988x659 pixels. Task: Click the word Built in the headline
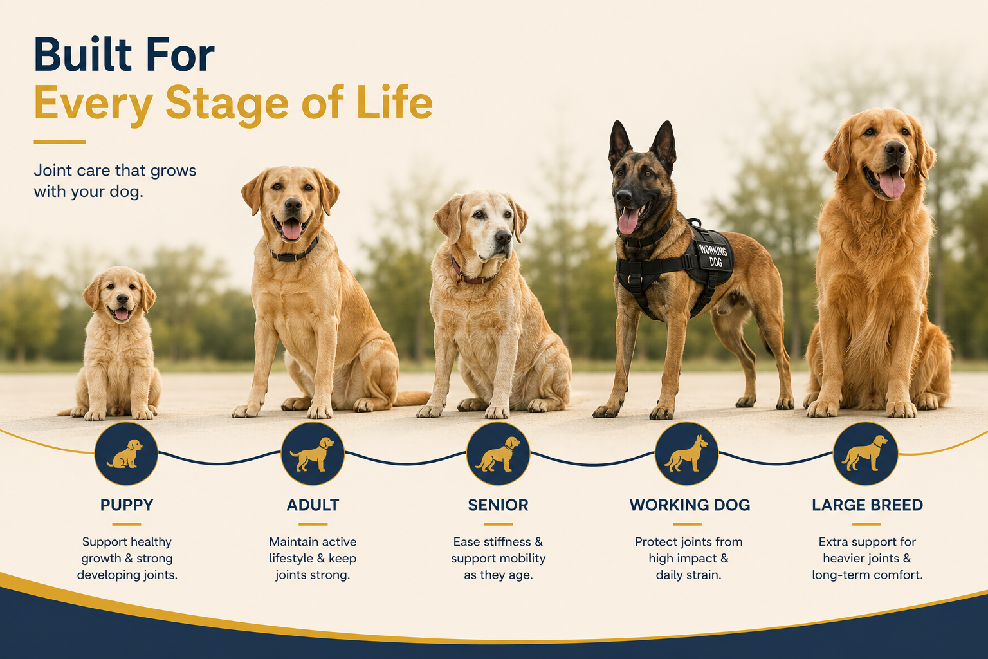click(x=83, y=55)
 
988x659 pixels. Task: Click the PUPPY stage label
click(x=127, y=505)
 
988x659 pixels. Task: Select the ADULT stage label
click(x=313, y=505)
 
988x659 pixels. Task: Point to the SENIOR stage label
click(x=498, y=505)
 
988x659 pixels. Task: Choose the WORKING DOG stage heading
click(x=690, y=505)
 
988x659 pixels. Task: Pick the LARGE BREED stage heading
click(x=867, y=505)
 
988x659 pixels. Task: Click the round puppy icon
click(x=126, y=454)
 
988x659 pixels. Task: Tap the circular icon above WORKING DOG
click(x=687, y=454)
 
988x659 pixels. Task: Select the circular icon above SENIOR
click(x=498, y=454)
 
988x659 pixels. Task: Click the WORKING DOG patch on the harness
click(x=713, y=256)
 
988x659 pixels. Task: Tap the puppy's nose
click(x=122, y=299)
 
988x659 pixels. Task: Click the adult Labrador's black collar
click(x=295, y=252)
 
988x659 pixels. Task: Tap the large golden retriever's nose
click(x=895, y=150)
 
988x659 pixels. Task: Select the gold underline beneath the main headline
click(x=60, y=142)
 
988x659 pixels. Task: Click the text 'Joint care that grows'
click(x=115, y=171)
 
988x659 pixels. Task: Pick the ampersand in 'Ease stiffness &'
click(x=538, y=542)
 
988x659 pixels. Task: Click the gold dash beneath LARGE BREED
click(x=866, y=524)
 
